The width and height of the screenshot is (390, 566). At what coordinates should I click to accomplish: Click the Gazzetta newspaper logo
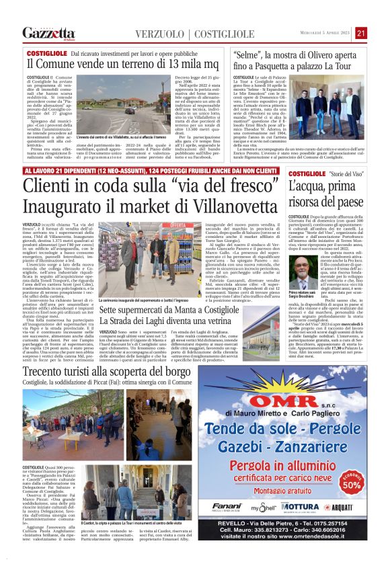point(48,33)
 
